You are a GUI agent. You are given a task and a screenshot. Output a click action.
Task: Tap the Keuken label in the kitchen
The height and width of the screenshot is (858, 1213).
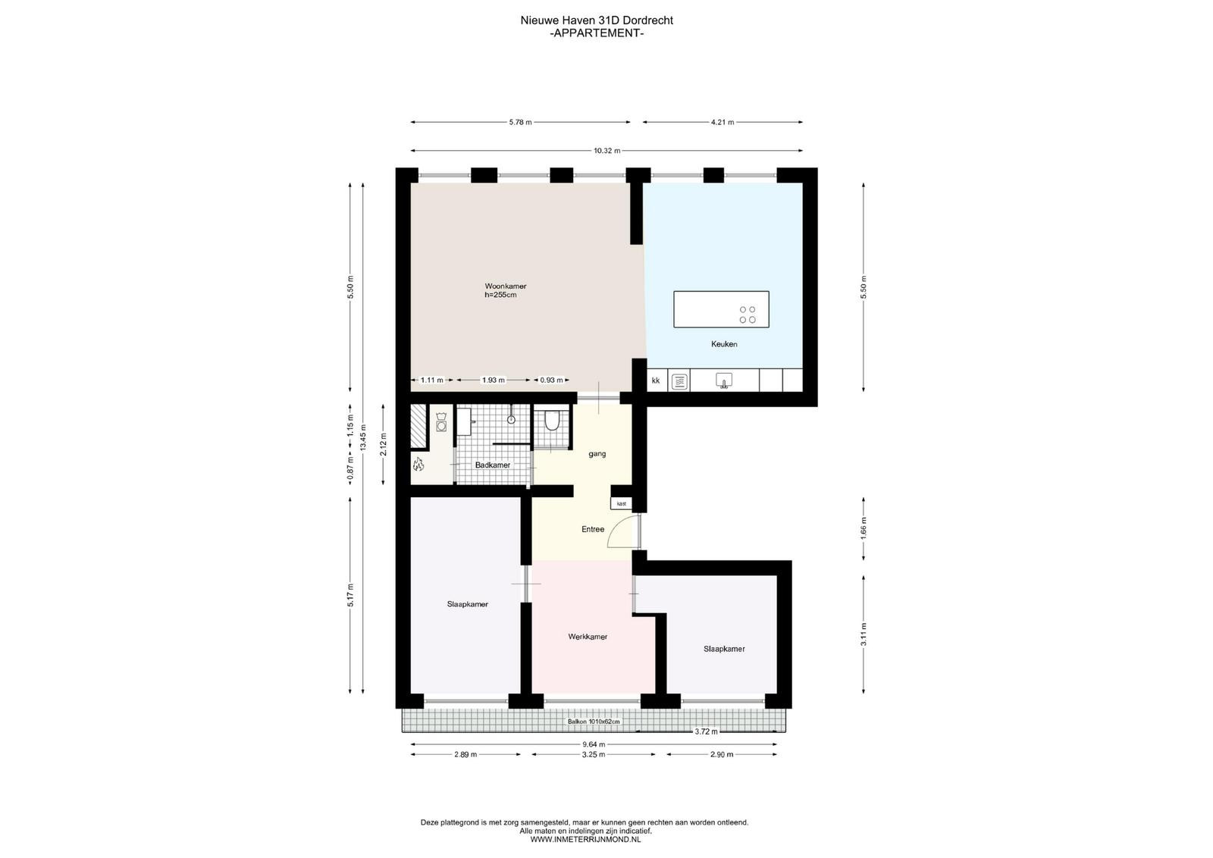pos(724,344)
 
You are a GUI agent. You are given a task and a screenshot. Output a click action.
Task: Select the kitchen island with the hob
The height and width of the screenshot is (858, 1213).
pos(721,309)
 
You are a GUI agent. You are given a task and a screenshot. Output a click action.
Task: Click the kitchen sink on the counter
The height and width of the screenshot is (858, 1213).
pos(724,380)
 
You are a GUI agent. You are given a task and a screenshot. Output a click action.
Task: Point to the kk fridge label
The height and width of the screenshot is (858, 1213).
pos(656,380)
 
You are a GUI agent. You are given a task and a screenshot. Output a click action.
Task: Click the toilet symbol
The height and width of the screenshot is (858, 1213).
pos(552,421)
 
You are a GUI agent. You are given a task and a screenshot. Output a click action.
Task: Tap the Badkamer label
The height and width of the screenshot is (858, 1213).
pos(493,465)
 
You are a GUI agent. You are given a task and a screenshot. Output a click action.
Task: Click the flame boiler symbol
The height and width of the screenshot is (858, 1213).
pos(418,464)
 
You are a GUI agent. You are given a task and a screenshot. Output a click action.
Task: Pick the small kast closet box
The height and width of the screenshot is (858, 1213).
pos(621,503)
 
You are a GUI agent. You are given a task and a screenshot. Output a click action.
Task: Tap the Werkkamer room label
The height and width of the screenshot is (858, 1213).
pos(588,637)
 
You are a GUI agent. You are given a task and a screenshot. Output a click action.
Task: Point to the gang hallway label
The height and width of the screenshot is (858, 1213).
pos(597,454)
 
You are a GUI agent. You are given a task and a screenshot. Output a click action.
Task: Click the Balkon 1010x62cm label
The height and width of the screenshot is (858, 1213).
pos(594,722)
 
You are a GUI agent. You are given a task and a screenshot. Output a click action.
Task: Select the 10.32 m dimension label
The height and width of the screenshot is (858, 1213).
pos(607,151)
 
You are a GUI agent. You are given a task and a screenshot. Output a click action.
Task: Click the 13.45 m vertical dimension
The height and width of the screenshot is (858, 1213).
pos(363,437)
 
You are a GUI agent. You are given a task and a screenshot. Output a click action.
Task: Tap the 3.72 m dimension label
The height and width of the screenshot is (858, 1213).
pos(706,731)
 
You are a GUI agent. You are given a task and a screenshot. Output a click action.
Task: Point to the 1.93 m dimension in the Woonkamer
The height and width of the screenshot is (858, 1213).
pos(494,380)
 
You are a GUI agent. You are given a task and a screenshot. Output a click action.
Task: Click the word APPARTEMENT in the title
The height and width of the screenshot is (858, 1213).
pos(597,33)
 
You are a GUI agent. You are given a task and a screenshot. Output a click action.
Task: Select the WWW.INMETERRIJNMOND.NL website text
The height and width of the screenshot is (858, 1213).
pos(585,840)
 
